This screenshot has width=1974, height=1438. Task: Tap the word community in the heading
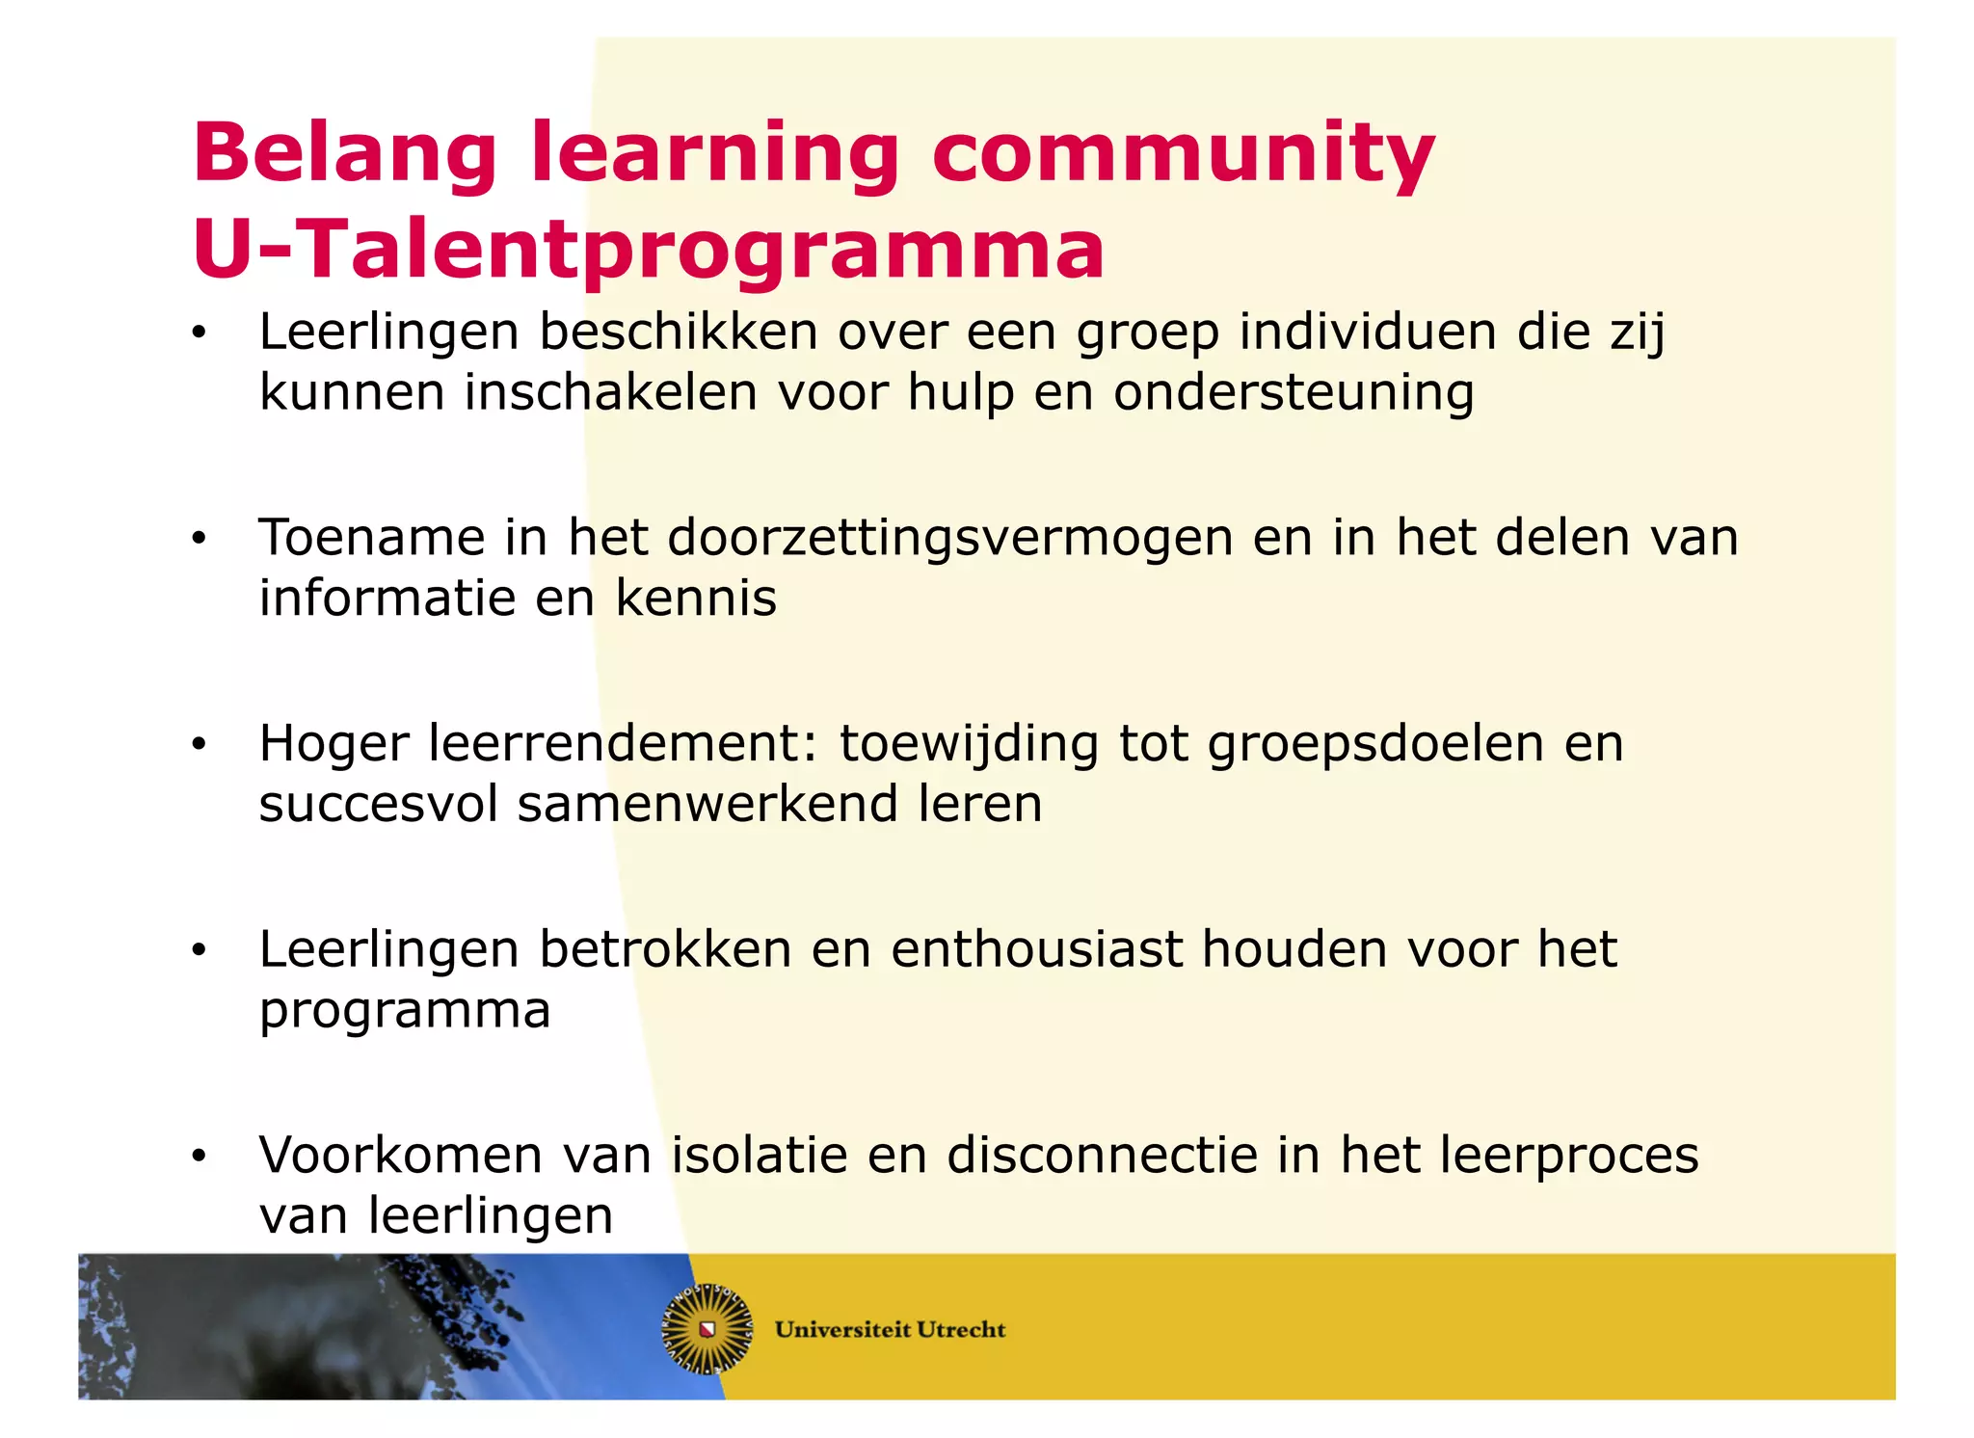click(x=1183, y=154)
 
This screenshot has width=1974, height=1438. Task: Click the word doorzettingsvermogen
click(x=949, y=537)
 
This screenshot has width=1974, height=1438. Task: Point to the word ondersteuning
click(x=1294, y=392)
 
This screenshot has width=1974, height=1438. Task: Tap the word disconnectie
click(x=1102, y=1155)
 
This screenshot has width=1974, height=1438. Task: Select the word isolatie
click(x=760, y=1155)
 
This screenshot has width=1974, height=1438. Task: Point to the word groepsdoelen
click(x=1375, y=743)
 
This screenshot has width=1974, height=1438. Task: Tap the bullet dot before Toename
click(x=199, y=539)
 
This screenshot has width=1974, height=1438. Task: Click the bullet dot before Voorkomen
click(x=199, y=1157)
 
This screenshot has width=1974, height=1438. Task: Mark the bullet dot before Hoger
click(x=199, y=745)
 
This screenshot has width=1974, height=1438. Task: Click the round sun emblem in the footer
click(x=707, y=1329)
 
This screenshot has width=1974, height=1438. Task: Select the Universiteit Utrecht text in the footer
click(x=890, y=1330)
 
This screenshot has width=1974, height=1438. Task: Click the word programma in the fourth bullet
click(x=405, y=1012)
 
